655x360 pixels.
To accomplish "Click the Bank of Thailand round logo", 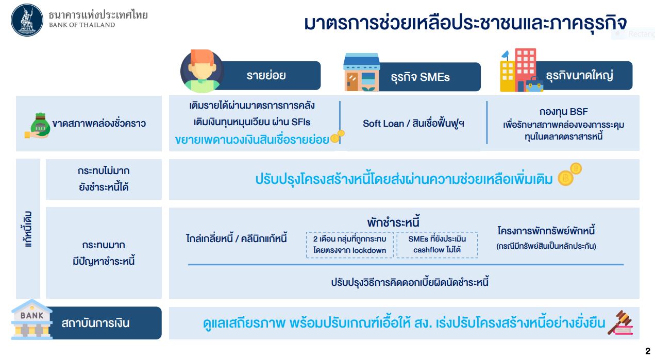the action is coord(27,20).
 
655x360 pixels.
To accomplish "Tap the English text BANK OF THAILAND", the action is coord(82,25).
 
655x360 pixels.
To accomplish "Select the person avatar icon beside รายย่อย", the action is coord(202,71).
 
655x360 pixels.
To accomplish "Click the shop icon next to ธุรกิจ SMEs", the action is coord(362,72).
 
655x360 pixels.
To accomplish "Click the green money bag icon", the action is coord(38,125).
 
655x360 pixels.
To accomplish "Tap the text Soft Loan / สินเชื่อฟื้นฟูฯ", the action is coord(413,124).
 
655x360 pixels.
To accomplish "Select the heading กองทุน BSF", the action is coord(563,112).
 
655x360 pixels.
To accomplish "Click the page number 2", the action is coord(648,351).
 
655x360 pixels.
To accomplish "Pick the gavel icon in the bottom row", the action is coord(620,322).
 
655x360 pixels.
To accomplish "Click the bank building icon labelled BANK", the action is coord(31,319).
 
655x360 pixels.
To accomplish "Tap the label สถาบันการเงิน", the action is coord(95,323).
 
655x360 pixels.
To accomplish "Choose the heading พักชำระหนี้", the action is coord(393,222).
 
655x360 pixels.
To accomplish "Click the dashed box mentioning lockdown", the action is coord(350,245).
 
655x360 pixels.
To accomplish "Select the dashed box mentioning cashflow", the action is coord(437,245).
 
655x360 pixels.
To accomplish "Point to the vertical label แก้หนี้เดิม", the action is coord(28,229).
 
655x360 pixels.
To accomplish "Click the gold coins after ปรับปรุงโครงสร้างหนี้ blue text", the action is coord(569,174).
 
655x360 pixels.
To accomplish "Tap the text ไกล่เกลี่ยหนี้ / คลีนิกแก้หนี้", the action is coord(236,238).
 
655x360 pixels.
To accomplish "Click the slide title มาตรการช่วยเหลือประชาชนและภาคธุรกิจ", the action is coord(465,23).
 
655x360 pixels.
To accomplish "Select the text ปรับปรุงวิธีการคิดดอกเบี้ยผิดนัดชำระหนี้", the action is coord(410,283).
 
